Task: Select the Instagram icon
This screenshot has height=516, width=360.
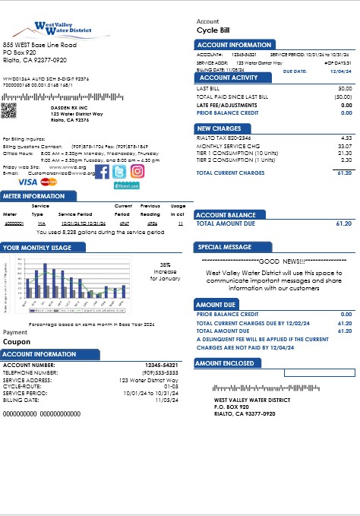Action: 137,171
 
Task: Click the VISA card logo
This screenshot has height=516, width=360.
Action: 27,182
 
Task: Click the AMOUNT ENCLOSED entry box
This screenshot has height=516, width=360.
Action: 318,372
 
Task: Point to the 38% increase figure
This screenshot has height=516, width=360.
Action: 164,264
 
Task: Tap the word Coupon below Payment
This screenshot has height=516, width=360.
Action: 17,342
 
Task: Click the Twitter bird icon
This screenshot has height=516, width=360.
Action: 119,171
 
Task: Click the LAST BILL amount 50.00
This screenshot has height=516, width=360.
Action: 345,88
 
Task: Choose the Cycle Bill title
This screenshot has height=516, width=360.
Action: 214,31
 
